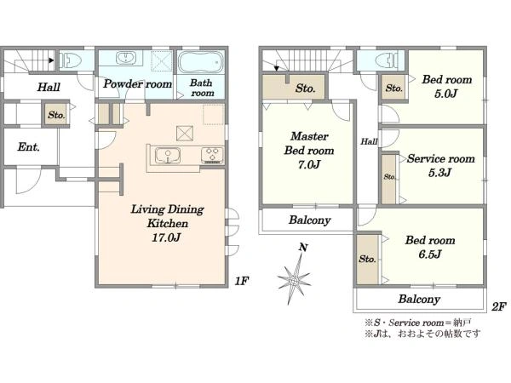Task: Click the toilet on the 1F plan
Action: tap(71, 60)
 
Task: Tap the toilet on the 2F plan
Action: tap(387, 60)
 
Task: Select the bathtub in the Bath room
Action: tap(201, 62)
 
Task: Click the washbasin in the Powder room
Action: tap(126, 58)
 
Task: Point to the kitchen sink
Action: tap(168, 155)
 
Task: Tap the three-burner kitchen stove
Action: tap(212, 155)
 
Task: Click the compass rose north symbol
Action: tap(295, 276)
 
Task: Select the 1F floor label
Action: tap(242, 281)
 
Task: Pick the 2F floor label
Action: tap(499, 306)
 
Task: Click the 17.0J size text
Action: tap(166, 237)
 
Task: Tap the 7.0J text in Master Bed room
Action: tap(309, 164)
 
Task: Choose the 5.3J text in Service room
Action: tap(439, 172)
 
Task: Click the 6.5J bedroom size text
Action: tap(430, 254)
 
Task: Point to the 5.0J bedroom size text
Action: tap(445, 94)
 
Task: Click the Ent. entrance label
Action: tap(29, 147)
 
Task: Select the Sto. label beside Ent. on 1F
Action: tap(56, 115)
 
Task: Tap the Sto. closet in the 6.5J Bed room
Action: tap(367, 259)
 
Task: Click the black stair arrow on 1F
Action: tap(51, 60)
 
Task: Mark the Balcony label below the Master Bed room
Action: tap(310, 220)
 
